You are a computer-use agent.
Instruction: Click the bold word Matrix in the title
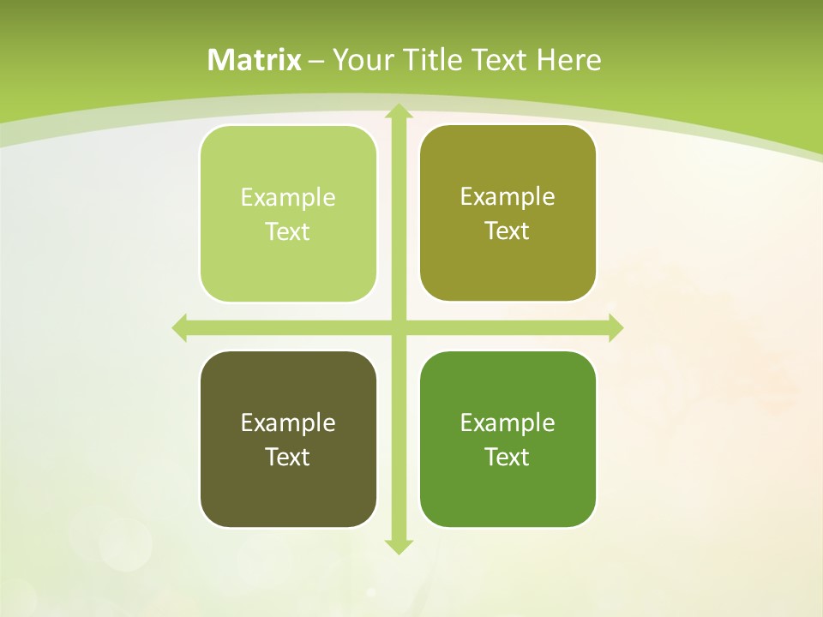tap(255, 60)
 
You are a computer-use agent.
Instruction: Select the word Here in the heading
tap(568, 60)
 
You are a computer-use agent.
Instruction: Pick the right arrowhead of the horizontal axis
tap(615, 328)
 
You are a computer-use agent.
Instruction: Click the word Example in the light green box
tap(288, 198)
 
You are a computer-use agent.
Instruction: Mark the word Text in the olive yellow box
tap(508, 231)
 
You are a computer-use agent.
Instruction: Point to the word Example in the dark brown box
tap(288, 423)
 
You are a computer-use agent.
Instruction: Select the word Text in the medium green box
tap(508, 457)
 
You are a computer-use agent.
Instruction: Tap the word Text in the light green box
tap(288, 232)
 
